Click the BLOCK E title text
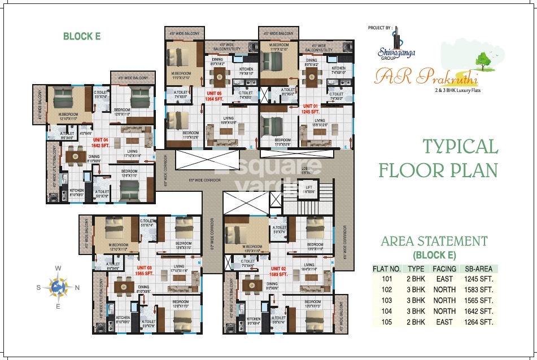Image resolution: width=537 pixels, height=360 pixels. click(x=82, y=36)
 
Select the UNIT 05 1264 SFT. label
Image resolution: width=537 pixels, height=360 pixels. click(x=215, y=95)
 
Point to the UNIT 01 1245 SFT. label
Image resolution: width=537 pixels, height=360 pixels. click(x=312, y=108)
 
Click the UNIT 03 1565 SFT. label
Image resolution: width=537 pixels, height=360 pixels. click(x=145, y=270)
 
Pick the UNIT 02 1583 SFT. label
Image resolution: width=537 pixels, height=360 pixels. click(x=280, y=271)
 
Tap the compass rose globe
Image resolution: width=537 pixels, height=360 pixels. click(x=58, y=288)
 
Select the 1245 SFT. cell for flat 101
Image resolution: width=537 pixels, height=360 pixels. click(x=478, y=279)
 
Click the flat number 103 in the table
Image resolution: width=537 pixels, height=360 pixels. click(x=387, y=301)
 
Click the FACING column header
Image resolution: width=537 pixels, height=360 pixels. click(x=444, y=269)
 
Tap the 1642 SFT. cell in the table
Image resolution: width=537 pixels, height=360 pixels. click(x=478, y=311)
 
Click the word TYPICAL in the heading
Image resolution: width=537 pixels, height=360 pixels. click(x=461, y=147)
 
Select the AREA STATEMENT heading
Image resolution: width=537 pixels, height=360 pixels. click(x=434, y=242)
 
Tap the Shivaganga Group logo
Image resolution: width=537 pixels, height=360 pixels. click(x=395, y=45)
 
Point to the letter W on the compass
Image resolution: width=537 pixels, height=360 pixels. click(x=58, y=269)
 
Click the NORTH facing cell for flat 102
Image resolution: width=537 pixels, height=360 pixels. click(x=444, y=290)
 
